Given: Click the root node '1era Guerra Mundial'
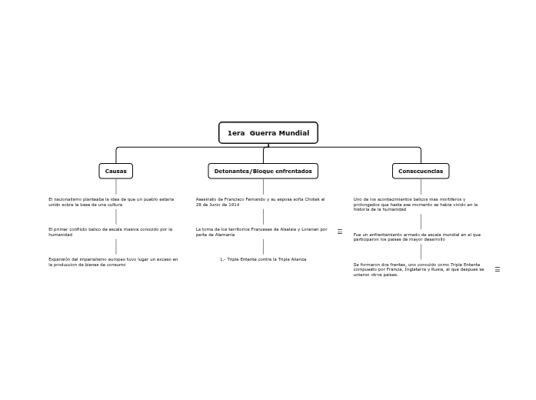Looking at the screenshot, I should coord(268,133).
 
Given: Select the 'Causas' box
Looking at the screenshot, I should coord(115,171).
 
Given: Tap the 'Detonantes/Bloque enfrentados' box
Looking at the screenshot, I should coord(263,171).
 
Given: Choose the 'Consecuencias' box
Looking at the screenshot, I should coord(421,171).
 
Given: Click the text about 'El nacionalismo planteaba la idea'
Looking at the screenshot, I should coord(111,202).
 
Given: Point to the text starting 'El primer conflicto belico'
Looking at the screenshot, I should coord(110,232).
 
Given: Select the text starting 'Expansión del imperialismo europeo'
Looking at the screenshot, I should coord(113,262).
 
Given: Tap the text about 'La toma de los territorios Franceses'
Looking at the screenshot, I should coord(261,232).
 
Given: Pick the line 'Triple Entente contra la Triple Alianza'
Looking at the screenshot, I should coord(263,259).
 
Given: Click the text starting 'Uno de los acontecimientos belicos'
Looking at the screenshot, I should coord(415,204).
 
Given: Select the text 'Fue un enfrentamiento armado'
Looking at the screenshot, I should coord(417,237).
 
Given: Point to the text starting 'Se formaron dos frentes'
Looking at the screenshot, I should coord(418,269).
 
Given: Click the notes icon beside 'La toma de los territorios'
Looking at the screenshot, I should coord(340,232).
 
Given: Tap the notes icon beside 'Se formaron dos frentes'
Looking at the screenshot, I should coord(498,269).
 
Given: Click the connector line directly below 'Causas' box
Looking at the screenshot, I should coord(116,186).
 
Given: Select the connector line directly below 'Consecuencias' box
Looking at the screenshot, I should coord(421,186).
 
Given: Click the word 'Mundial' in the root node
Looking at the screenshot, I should coord(295,133).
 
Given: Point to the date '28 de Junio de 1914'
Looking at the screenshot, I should coord(218,205).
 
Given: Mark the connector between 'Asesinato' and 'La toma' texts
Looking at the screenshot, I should coord(263,216).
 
